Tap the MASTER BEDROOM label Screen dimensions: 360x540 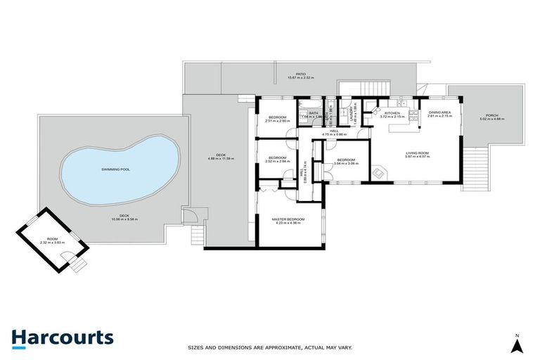288,219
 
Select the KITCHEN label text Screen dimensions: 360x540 392,112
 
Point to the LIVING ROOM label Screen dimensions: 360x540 417,153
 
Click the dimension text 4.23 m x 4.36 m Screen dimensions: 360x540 288,224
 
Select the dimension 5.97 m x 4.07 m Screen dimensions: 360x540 417,157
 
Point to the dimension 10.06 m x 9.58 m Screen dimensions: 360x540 124,220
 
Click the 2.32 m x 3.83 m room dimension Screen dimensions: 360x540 52,243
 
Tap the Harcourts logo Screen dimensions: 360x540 63,337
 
